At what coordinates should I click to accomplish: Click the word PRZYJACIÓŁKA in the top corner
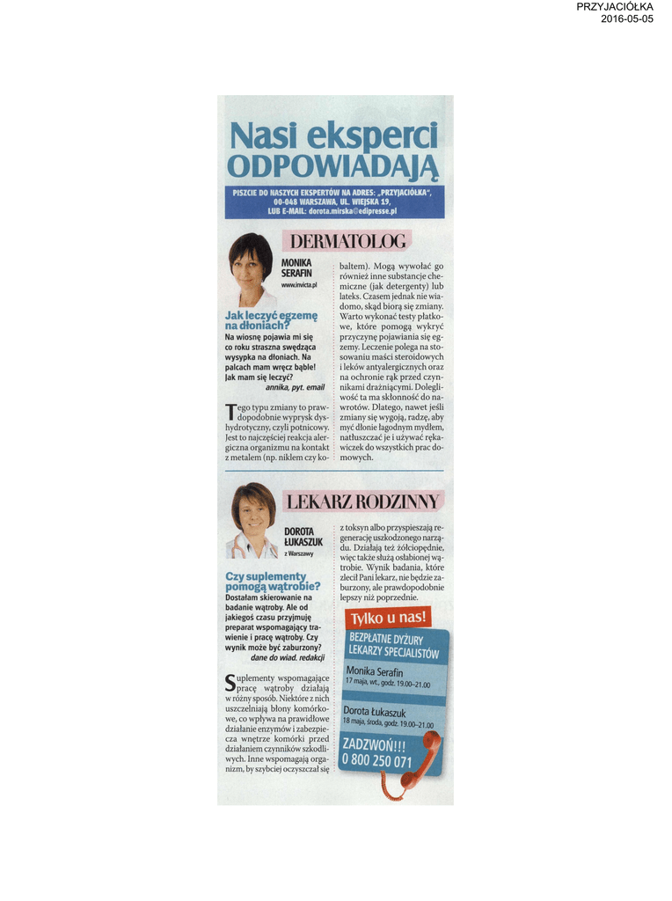click(615, 7)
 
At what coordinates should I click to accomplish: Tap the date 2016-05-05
click(627, 18)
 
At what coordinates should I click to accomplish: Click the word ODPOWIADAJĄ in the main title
click(332, 165)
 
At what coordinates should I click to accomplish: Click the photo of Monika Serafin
click(251, 267)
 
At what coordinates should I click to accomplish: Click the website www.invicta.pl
click(299, 285)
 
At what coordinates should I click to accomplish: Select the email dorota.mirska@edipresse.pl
click(352, 211)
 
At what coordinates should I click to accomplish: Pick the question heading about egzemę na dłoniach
click(271, 320)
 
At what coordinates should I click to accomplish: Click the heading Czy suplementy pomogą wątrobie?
click(273, 581)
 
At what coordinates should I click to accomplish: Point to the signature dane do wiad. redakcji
click(288, 657)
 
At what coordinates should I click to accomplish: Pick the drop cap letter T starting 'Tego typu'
click(230, 411)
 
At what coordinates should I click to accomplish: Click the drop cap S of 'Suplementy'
click(230, 681)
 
